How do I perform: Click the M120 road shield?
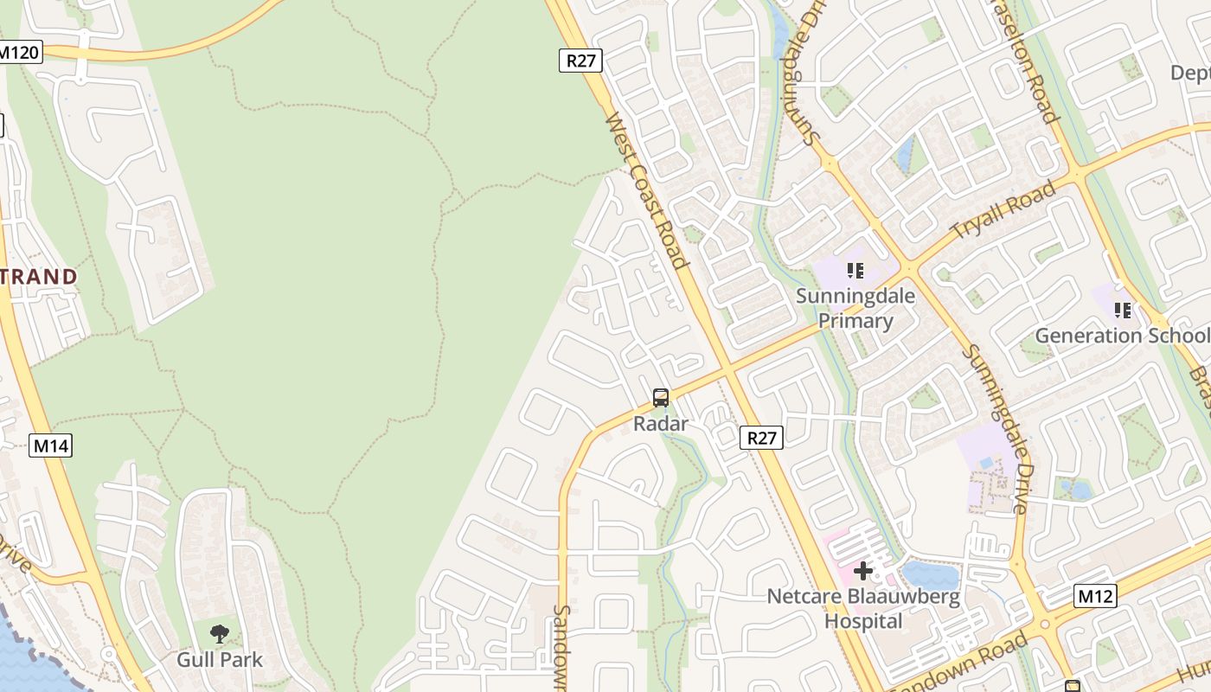tap(19, 52)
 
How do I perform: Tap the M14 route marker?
tap(51, 446)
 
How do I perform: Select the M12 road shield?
tap(1095, 596)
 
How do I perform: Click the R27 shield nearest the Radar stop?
tap(761, 438)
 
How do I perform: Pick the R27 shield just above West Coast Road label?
tap(580, 60)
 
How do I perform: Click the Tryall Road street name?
tap(1003, 210)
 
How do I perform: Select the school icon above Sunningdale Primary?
tap(855, 271)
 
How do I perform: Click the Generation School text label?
tap(1122, 336)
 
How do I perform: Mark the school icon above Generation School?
tap(1123, 310)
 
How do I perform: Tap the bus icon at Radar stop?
tap(661, 398)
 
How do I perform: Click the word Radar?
tap(661, 424)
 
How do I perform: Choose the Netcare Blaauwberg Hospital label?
tap(863, 609)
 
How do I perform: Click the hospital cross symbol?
tap(863, 571)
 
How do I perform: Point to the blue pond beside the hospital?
tap(930, 575)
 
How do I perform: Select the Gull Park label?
tap(220, 660)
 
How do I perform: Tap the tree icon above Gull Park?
tap(220, 634)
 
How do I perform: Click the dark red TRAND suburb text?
tap(39, 278)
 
